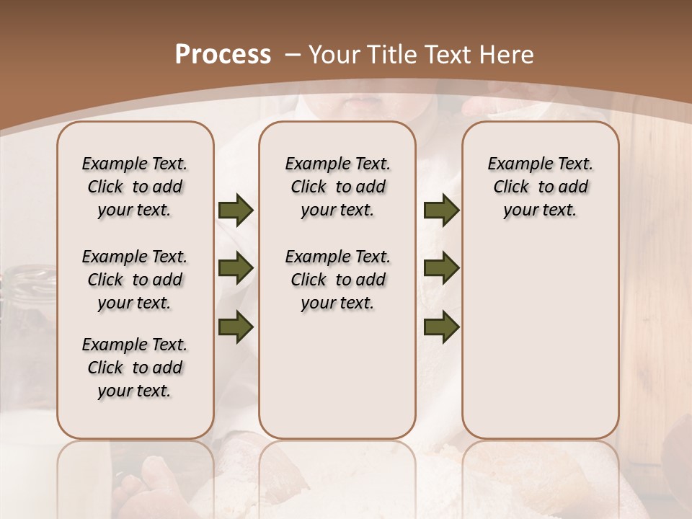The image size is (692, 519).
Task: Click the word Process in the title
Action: click(223, 55)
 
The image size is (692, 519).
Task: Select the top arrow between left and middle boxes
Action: click(236, 210)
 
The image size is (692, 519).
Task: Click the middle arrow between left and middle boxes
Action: click(236, 269)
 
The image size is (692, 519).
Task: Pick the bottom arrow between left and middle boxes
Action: click(236, 327)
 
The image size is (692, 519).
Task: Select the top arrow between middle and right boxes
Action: click(441, 210)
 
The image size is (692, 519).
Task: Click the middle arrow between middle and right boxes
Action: click(441, 269)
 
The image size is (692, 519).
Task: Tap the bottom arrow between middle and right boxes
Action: click(441, 327)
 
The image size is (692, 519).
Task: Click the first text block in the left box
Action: click(135, 187)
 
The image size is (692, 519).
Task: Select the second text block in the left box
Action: click(135, 280)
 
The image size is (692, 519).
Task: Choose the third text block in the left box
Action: click(135, 368)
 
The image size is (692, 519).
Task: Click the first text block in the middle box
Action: click(337, 187)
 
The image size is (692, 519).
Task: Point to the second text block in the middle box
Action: click(337, 280)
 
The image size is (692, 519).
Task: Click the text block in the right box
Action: click(540, 187)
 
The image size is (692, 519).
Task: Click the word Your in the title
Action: click(332, 55)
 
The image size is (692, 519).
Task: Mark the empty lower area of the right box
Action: click(540, 339)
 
